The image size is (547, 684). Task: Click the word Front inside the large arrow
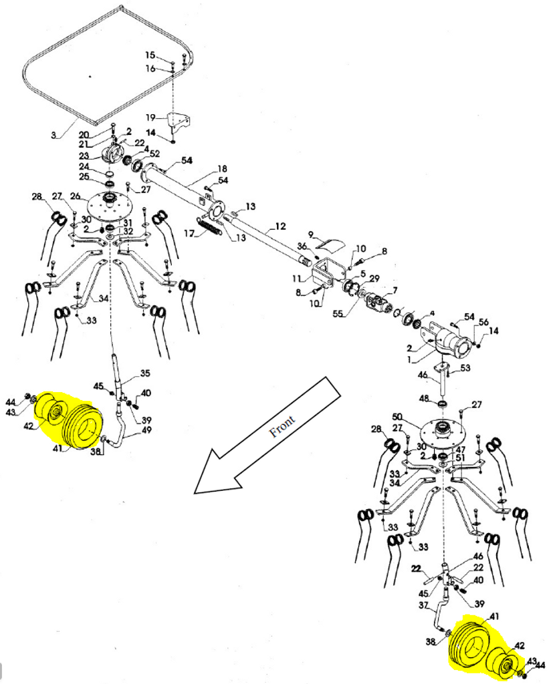(282, 425)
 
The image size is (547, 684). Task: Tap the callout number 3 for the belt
(53, 135)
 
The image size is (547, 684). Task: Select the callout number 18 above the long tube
(222, 169)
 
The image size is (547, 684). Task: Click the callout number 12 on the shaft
(280, 226)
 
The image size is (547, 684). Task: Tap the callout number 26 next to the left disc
(76, 196)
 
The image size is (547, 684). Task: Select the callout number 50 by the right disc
(397, 417)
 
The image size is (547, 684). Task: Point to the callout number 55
(338, 313)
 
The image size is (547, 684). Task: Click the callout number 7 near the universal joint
(395, 290)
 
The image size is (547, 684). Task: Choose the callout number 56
(483, 322)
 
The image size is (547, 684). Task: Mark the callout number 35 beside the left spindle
(145, 373)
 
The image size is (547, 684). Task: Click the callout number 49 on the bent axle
(146, 430)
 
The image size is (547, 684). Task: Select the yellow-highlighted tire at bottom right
(468, 643)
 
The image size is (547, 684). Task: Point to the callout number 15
(150, 55)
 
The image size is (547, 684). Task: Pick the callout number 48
(424, 398)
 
